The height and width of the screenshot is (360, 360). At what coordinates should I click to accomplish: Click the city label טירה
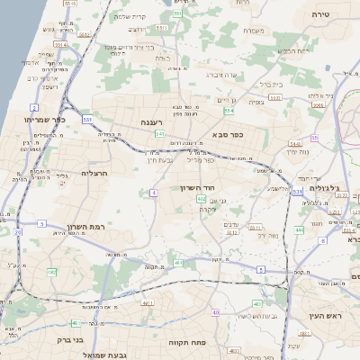pyautogui.click(x=321, y=15)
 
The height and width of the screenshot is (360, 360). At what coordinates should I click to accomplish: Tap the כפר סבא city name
pyautogui.click(x=228, y=135)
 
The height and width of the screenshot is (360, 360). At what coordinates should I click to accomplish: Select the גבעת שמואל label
pyautogui.click(x=107, y=355)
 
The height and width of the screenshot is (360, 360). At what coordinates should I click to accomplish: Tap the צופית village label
pyautogui.click(x=256, y=102)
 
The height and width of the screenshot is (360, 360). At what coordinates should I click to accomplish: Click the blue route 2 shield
pyautogui.click(x=33, y=107)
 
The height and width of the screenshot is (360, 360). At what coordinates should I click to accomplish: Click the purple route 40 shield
pyautogui.click(x=216, y=311)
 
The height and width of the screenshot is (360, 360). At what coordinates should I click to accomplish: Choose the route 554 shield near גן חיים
pyautogui.click(x=229, y=110)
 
